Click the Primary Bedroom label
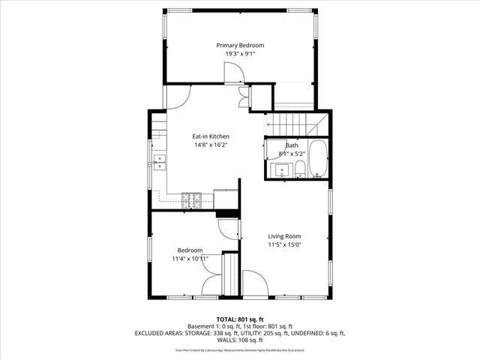[240, 46]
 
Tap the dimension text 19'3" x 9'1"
[240, 54]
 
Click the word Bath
[291, 145]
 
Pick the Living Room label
[284, 235]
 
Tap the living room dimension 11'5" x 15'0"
[284, 244]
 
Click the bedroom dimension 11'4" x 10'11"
[190, 258]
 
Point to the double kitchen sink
[160, 162]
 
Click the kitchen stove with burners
[192, 199]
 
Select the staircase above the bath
[292, 124]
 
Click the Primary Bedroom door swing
[233, 72]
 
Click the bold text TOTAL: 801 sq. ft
[240, 319]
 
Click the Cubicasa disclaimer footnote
[240, 349]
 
